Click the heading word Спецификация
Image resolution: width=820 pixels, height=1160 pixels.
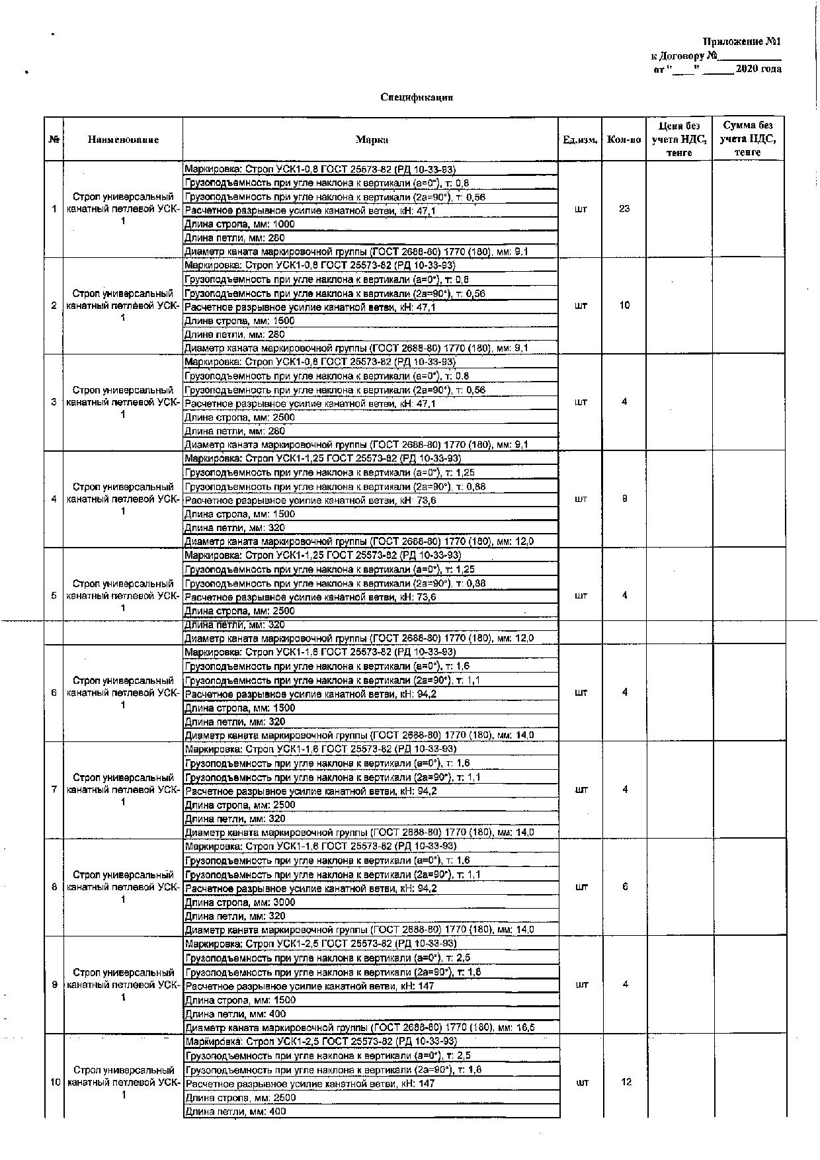click(417, 97)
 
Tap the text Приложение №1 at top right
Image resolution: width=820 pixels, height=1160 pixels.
click(741, 42)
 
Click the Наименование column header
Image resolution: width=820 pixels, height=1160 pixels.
click(123, 140)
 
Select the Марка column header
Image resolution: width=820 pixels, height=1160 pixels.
click(372, 140)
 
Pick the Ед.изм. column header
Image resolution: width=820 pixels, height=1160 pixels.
click(580, 140)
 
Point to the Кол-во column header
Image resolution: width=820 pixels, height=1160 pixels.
click(624, 140)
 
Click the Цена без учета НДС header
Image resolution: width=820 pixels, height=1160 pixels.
click(679, 139)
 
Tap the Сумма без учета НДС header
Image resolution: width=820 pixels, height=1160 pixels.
click(748, 139)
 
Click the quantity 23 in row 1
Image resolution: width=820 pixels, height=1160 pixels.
click(624, 209)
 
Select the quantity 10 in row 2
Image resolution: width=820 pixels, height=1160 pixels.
click(624, 306)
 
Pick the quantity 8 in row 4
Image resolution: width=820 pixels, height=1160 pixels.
click(624, 499)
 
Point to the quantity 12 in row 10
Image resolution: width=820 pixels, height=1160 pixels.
click(626, 1083)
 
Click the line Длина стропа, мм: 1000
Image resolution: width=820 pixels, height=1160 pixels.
click(239, 224)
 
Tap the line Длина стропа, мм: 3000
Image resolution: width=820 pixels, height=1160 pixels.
click(240, 902)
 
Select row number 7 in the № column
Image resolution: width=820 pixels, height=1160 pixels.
click(54, 790)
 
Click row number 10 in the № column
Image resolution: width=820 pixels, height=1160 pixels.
click(55, 1083)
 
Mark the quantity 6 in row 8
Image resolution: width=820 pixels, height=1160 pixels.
click(625, 887)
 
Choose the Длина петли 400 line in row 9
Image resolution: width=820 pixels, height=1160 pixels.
click(235, 1014)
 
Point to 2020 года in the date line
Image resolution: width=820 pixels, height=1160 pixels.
click(758, 69)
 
